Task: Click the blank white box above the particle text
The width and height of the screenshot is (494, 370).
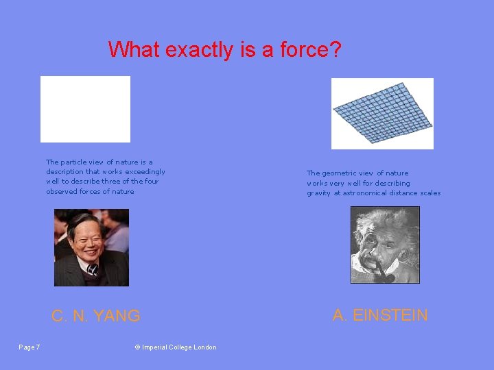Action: click(85, 109)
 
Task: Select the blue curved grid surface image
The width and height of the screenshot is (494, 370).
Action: click(382, 113)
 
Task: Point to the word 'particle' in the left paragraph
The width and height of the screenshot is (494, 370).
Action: click(76, 162)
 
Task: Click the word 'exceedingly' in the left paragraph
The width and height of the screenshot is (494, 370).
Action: click(145, 171)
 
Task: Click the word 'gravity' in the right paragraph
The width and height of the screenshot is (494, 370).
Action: click(319, 193)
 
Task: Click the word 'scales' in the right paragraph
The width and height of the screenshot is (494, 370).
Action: click(428, 193)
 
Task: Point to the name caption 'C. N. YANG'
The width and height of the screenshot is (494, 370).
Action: click(96, 316)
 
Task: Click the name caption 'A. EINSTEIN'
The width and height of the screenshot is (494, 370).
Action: click(380, 315)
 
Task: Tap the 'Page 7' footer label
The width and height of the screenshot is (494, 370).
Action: click(29, 347)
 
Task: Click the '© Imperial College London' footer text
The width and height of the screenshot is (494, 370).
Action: click(176, 347)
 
